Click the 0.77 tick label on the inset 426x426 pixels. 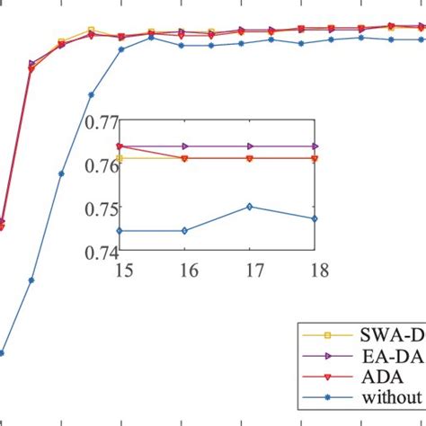(98, 121)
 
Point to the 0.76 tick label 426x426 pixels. (98, 165)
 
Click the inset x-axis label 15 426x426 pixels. (120, 270)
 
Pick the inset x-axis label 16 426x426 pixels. (184, 270)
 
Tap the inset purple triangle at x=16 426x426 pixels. (184, 146)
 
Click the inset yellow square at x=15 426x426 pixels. (120, 158)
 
